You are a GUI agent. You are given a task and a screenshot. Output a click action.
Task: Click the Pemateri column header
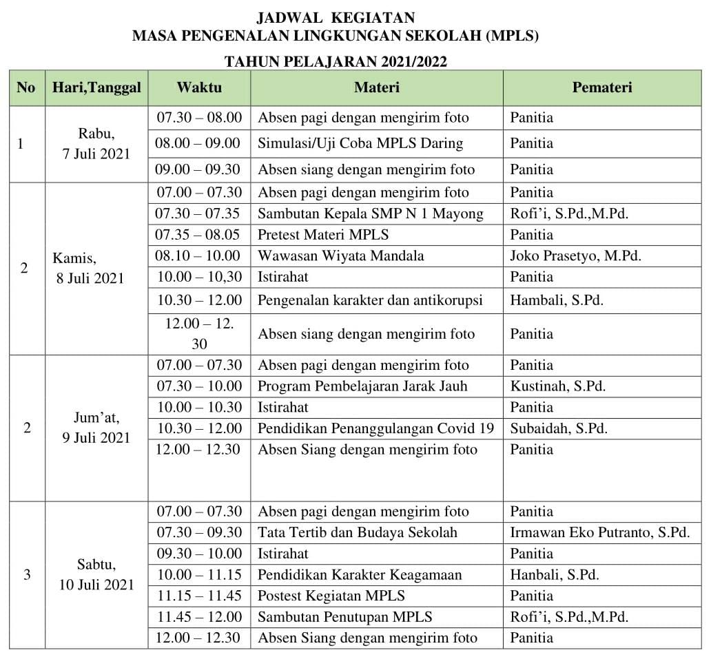tap(601, 87)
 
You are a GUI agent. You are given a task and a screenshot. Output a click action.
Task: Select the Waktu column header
tap(199, 87)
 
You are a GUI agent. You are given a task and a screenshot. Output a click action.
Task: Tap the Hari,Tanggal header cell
tap(96, 87)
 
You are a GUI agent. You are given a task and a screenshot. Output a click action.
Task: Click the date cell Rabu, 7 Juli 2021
tap(96, 144)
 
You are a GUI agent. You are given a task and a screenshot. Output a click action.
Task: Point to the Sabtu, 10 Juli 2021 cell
tap(96, 575)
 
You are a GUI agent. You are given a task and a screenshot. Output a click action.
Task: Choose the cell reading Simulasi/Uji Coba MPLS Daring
tap(360, 143)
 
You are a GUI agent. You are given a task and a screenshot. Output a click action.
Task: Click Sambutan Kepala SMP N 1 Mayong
tap(371, 213)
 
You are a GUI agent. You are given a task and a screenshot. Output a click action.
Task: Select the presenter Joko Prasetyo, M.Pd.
tap(575, 255)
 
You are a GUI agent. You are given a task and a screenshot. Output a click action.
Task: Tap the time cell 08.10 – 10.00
tap(199, 255)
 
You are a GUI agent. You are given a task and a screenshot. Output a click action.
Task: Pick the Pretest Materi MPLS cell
tap(323, 234)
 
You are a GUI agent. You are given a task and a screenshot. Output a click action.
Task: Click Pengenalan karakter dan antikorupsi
tap(370, 300)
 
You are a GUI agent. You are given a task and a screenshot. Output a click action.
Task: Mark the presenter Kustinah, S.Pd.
tap(558, 386)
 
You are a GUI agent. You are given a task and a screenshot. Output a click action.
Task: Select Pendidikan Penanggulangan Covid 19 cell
tap(375, 428)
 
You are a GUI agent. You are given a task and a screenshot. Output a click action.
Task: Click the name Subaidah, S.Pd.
tap(559, 428)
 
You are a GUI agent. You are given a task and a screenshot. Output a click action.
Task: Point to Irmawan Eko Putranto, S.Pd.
tap(599, 532)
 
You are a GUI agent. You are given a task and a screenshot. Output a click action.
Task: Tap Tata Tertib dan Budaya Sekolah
tap(358, 532)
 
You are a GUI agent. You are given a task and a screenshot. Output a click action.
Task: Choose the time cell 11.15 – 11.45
tap(199, 596)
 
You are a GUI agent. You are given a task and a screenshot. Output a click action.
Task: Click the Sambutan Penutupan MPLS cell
tap(345, 616)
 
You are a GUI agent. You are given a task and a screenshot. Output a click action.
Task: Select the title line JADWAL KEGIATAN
tap(336, 17)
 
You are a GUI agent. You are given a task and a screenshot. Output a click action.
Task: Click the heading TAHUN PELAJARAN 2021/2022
tap(336, 62)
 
